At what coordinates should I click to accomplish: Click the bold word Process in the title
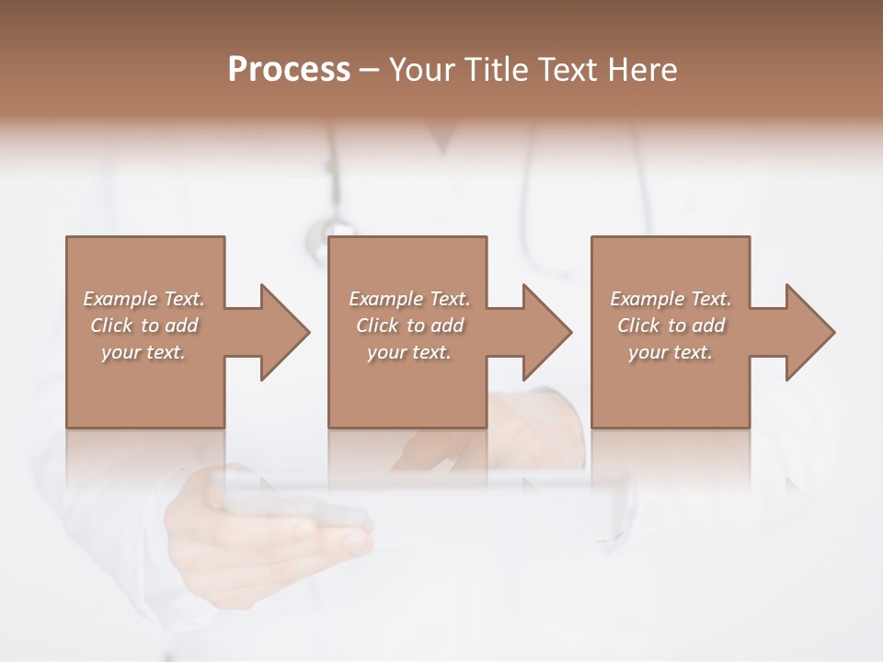[289, 69]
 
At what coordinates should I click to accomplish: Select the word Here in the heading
[644, 69]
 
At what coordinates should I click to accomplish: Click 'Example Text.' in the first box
[143, 299]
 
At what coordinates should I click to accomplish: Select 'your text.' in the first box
[143, 352]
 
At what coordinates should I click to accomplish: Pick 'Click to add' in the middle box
[409, 325]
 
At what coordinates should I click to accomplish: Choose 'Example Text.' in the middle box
[409, 299]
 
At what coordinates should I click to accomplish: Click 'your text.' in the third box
[671, 352]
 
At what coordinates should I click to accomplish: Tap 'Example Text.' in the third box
[671, 299]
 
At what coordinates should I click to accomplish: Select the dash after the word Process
[370, 71]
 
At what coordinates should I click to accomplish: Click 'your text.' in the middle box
[409, 352]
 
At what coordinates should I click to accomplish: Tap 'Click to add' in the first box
[143, 325]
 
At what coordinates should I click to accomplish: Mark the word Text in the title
[566, 69]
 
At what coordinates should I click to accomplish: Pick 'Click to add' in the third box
[671, 325]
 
